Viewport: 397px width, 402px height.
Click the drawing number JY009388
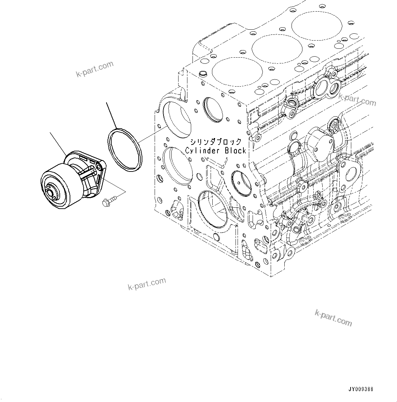tap(361, 389)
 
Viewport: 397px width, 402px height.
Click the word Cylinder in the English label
tap(200, 150)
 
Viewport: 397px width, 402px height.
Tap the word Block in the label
tap(235, 150)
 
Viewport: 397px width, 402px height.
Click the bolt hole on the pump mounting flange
tap(99, 166)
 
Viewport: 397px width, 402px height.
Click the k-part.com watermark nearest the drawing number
tap(333, 318)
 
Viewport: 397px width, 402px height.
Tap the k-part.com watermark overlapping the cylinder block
tap(357, 99)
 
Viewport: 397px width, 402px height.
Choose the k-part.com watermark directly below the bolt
tap(147, 284)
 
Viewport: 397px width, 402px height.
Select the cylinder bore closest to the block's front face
tap(237, 72)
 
